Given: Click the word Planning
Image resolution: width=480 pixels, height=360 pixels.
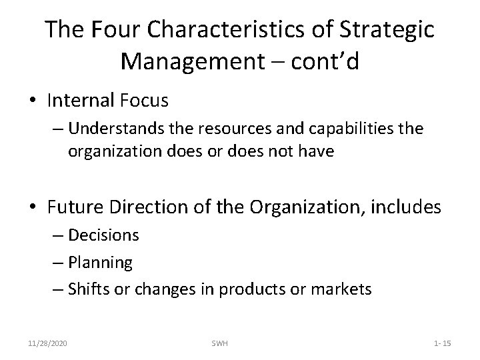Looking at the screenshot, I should pyautogui.click(x=100, y=263).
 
